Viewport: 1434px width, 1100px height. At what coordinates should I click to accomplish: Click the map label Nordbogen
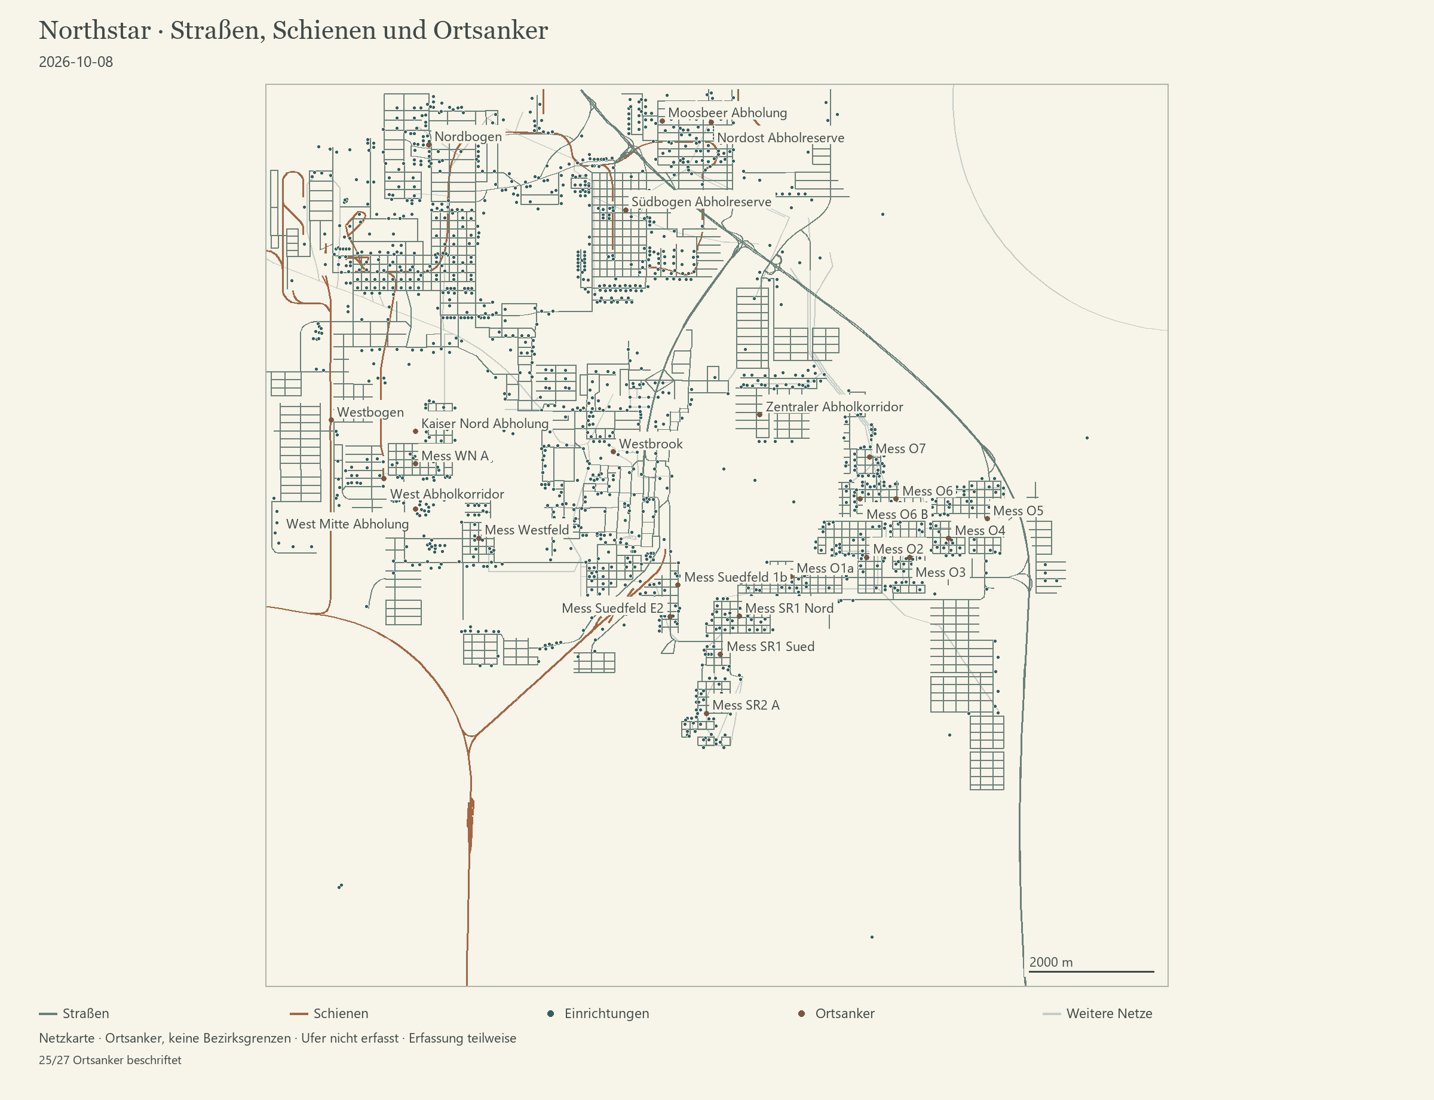(x=468, y=137)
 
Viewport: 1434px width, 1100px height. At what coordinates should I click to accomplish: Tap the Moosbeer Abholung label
(x=727, y=112)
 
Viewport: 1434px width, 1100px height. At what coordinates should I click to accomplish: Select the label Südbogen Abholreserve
(x=701, y=201)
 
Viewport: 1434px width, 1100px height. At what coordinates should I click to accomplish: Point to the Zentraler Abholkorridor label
(x=835, y=407)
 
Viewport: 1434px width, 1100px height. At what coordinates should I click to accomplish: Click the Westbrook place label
(x=651, y=444)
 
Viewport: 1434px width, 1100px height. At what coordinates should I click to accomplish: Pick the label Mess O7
(x=900, y=448)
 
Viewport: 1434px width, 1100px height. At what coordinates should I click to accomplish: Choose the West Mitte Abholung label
(x=348, y=524)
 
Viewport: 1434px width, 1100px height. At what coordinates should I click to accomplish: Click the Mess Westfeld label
(x=527, y=530)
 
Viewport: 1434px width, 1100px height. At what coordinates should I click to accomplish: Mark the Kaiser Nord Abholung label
(x=485, y=424)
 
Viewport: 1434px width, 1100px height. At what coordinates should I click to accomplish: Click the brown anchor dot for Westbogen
(x=331, y=420)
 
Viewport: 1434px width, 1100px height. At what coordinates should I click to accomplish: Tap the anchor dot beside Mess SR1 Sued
(x=720, y=654)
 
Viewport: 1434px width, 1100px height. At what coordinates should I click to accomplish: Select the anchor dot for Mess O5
(x=987, y=518)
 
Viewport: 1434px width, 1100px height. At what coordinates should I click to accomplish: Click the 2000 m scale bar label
(x=1050, y=962)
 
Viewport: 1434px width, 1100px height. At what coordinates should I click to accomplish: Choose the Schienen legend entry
(x=329, y=1013)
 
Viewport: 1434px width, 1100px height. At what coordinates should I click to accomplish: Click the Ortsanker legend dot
(x=801, y=1013)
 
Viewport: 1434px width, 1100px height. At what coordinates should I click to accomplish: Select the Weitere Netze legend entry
(x=1097, y=1013)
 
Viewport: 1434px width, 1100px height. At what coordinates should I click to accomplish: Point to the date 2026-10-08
(x=76, y=62)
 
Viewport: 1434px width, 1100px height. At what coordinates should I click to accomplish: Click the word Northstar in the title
(x=95, y=30)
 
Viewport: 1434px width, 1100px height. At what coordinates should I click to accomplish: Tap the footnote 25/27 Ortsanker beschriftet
(x=110, y=1060)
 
